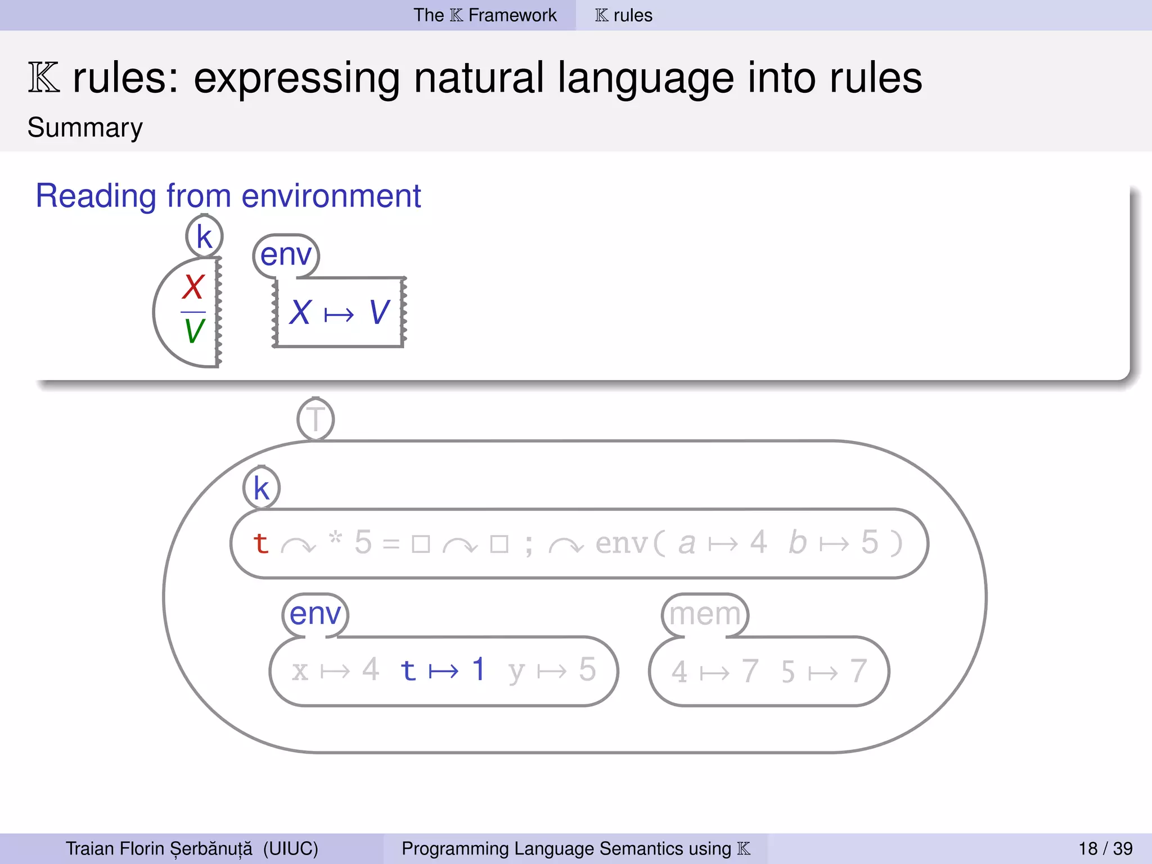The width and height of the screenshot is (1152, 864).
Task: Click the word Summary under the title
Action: point(85,128)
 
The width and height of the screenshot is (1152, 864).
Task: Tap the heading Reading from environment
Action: point(228,196)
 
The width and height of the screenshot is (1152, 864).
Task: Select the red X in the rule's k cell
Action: point(193,287)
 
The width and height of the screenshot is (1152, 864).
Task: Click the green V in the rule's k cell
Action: point(194,331)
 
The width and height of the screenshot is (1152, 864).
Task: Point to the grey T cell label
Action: point(316,420)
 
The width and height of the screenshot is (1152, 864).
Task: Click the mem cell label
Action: point(705,614)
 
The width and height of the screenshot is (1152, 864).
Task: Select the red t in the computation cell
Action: point(260,543)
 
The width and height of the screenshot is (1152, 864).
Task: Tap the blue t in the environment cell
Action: point(408,670)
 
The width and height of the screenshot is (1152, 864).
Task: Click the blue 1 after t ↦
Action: point(478,669)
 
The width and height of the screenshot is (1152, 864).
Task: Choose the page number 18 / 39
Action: point(1105,848)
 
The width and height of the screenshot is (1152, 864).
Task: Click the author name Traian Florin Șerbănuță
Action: point(159,848)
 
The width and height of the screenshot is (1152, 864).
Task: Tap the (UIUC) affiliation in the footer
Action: point(290,848)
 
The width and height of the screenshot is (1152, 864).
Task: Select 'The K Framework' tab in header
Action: point(485,15)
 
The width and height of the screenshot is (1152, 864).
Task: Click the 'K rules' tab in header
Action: point(624,15)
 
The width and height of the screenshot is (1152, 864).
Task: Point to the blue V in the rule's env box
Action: point(380,312)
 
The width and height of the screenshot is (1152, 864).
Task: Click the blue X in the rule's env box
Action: point(300,312)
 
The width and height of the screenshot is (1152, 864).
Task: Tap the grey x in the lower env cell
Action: point(300,671)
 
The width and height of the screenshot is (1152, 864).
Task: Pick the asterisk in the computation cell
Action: point(335,538)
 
